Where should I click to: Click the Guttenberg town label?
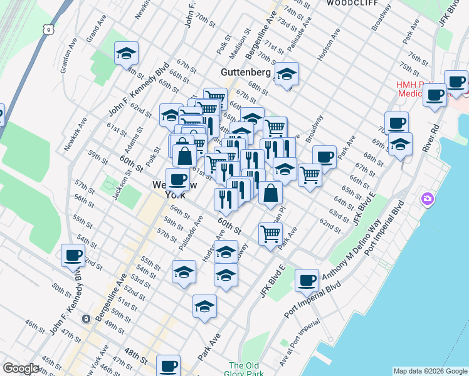[245, 73]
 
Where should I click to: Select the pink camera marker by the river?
[428, 199]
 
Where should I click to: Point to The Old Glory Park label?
[245, 370]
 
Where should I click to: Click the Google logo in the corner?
[21, 368]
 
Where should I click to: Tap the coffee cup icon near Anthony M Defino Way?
[307, 281]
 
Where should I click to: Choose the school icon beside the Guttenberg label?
[287, 73]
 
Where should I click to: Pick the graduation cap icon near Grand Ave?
[126, 53]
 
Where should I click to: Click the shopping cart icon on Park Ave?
[270, 234]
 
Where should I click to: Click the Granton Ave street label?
[68, 59]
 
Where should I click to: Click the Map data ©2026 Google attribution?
[429, 371]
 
